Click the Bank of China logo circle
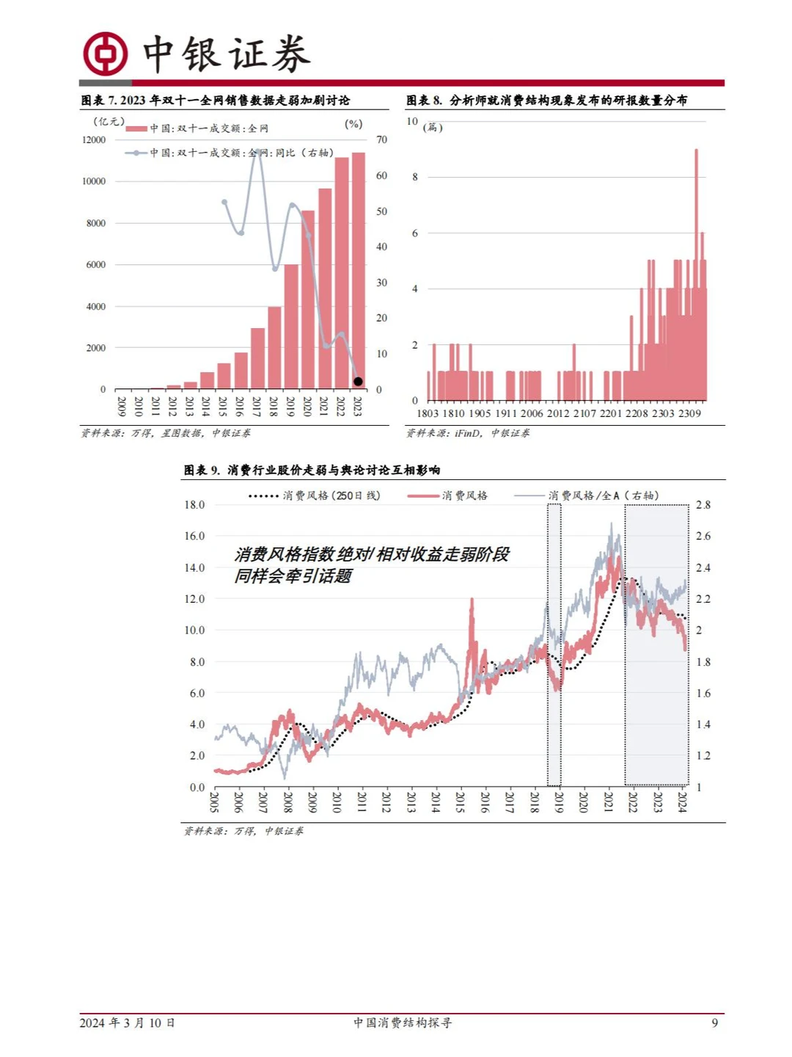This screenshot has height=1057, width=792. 105,54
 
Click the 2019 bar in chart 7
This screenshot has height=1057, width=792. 291,326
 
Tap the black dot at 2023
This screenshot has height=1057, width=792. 358,381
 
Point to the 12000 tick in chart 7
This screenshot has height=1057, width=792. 94,139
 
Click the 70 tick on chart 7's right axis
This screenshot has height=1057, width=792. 381,139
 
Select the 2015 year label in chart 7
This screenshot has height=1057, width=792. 223,407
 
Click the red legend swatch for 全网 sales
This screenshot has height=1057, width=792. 136,128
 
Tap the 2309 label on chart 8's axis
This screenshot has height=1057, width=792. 689,413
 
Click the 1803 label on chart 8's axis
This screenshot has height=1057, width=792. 428,413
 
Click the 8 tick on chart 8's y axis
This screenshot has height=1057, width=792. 415,177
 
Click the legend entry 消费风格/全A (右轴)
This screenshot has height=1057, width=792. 603,495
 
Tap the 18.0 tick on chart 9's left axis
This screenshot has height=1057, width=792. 194,505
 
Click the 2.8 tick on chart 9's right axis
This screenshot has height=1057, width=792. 703,505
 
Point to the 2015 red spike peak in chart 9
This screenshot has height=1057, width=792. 471,600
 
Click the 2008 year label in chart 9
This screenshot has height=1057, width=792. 287,802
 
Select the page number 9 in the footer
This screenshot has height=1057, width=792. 714,1023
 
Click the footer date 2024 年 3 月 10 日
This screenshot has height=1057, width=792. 128,1023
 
